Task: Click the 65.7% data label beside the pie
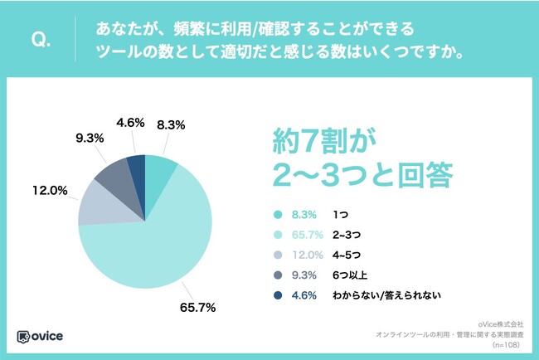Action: pos(198,308)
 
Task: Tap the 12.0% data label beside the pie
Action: pos(50,190)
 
